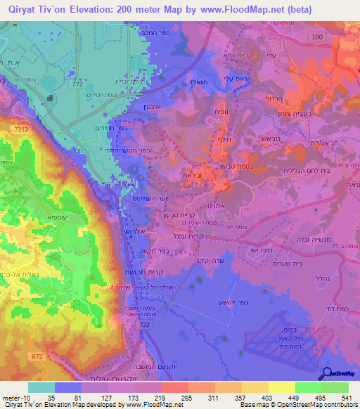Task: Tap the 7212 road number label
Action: (20, 130)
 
